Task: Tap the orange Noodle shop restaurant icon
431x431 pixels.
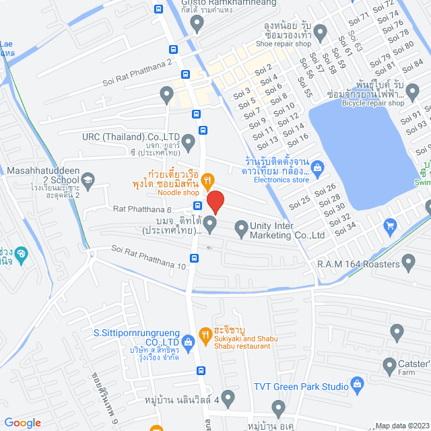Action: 207,180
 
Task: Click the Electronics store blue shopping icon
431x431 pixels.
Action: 317,167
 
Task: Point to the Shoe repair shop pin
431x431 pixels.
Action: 321,31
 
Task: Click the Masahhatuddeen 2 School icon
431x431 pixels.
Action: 88,180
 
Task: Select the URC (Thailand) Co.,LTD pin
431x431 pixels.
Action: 189,141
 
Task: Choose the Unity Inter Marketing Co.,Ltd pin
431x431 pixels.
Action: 240,230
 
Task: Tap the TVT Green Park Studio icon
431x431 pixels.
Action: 358,386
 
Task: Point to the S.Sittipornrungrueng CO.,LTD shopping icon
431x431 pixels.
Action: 187,341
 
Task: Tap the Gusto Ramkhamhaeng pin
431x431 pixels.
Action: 197,24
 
